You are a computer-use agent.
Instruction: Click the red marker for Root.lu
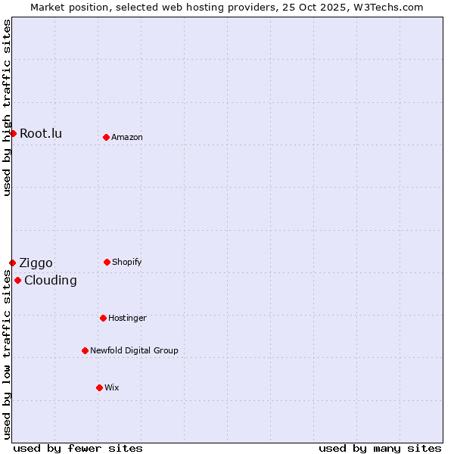tap(13, 133)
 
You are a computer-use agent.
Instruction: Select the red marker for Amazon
tap(106, 137)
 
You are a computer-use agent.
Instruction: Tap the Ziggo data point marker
tap(12, 263)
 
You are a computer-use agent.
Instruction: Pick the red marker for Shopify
tap(107, 262)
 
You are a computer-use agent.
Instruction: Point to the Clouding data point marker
tap(17, 280)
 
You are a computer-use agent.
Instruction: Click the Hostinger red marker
tap(103, 318)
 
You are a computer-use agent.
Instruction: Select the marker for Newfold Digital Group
tap(85, 350)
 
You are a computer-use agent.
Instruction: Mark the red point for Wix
tap(99, 387)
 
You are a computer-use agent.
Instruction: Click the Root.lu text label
tap(41, 134)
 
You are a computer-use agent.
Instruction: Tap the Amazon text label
tap(127, 138)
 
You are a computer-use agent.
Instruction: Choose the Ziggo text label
tap(36, 263)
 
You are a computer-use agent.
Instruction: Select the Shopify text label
tap(127, 263)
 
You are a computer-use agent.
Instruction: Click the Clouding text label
tap(51, 281)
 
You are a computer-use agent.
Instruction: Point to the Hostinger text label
tap(127, 319)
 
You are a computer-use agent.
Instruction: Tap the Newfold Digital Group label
tap(134, 351)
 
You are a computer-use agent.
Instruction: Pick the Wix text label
tap(112, 388)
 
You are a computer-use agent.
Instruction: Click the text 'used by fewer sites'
tap(78, 448)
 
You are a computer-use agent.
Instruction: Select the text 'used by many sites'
tap(380, 448)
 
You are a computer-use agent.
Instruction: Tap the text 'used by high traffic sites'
tap(7, 107)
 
